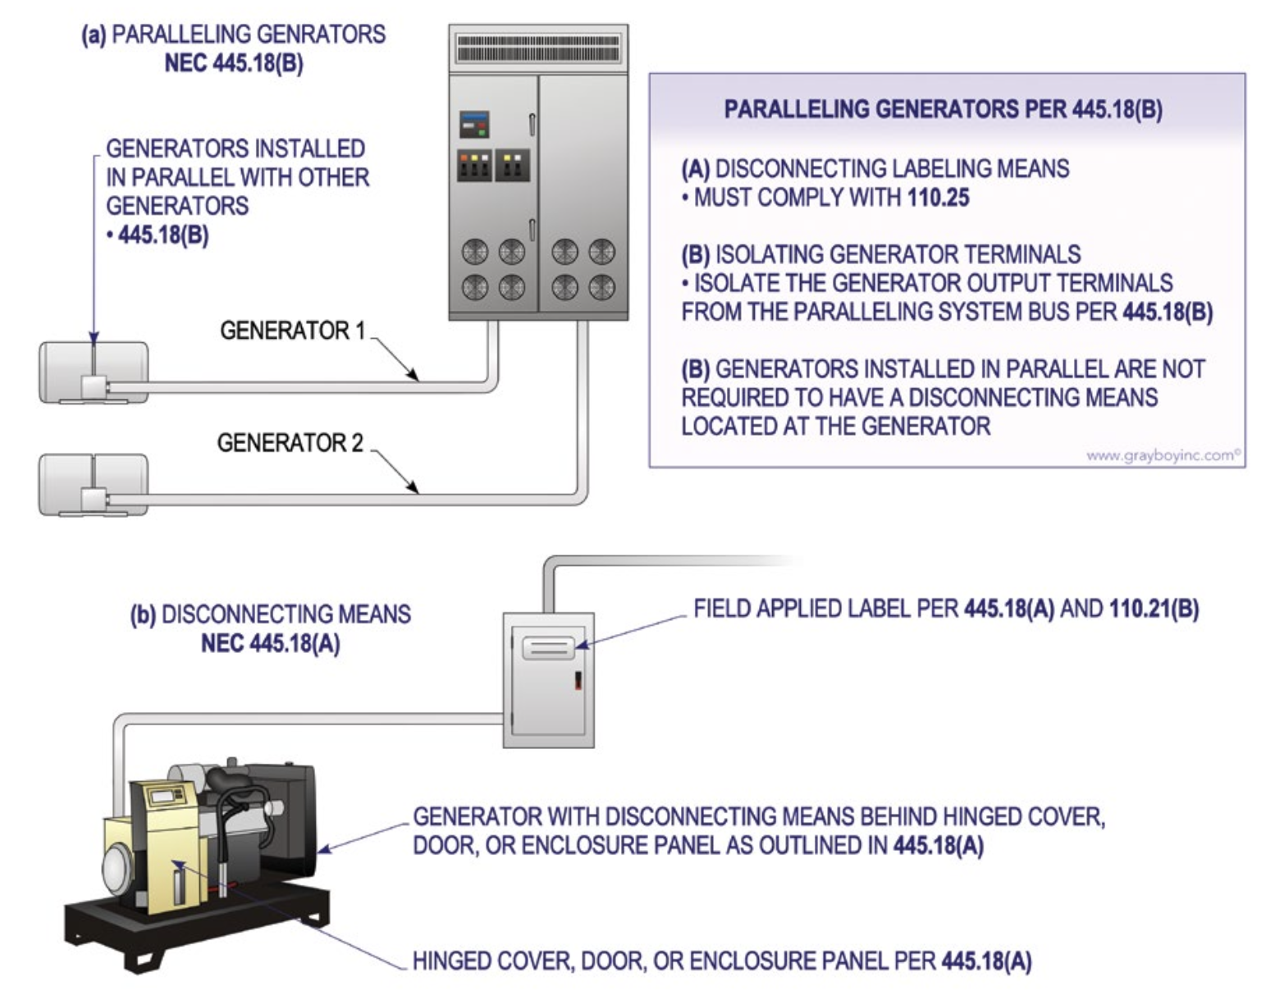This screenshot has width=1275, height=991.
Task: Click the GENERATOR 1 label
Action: coord(292,331)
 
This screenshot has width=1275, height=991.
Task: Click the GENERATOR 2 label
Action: coord(290,443)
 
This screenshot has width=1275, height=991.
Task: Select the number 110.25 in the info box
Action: coord(938,198)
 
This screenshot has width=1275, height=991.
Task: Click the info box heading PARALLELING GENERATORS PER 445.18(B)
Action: coord(943,109)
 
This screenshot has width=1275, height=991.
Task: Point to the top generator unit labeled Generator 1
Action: coord(94,372)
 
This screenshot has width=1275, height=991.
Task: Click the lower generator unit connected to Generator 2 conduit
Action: coord(94,484)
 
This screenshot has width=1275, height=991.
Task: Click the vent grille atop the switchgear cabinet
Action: coord(538,48)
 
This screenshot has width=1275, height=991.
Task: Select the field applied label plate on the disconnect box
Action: coord(547,648)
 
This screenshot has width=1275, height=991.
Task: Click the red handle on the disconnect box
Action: coord(578,679)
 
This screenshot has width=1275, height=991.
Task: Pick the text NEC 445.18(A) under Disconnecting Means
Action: coord(270,644)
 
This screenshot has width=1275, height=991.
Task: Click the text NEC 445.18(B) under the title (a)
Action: coord(234,63)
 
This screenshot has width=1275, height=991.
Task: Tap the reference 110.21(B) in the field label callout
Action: coord(1154,609)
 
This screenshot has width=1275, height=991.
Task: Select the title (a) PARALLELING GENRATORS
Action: coord(233,34)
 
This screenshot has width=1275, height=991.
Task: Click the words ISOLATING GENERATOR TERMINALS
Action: coord(898,254)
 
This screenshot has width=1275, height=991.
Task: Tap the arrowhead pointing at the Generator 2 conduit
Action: coord(414,489)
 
